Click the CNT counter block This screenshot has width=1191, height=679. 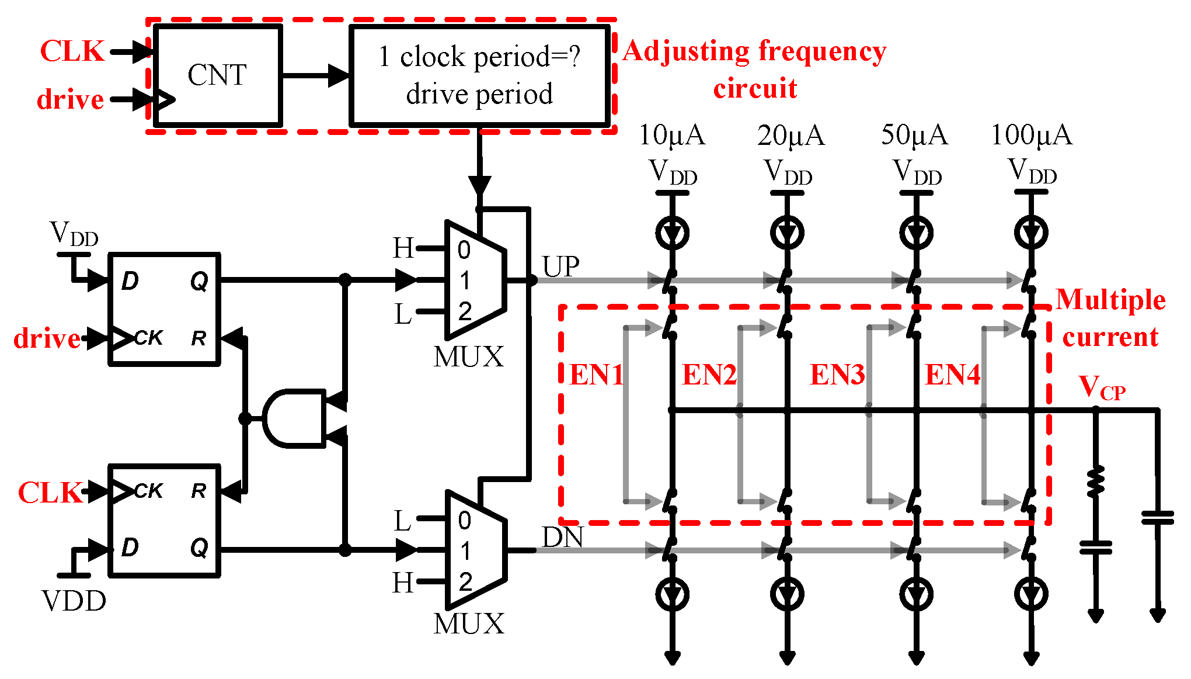click(x=218, y=75)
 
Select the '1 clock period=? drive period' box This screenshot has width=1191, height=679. click(x=479, y=75)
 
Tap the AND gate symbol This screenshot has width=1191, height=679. click(x=292, y=418)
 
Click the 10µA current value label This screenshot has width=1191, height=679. click(x=671, y=136)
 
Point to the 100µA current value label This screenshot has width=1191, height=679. click(x=1031, y=136)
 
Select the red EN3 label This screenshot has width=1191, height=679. click(x=837, y=375)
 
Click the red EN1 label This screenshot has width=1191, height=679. click(x=596, y=375)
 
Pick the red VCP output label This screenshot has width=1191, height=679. click(x=1101, y=387)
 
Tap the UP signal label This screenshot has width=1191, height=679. click(x=560, y=267)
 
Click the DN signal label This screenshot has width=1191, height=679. click(x=562, y=538)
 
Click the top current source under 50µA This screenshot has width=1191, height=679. click(x=916, y=233)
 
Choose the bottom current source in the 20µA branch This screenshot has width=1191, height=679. click(x=787, y=595)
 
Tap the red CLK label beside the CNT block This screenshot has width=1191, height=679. click(x=72, y=51)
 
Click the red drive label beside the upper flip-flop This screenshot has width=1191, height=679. click(x=47, y=338)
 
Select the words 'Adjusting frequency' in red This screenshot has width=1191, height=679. click(x=754, y=51)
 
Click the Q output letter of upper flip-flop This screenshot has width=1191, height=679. click(x=199, y=282)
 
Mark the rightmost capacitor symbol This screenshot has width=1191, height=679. click(x=1157, y=518)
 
